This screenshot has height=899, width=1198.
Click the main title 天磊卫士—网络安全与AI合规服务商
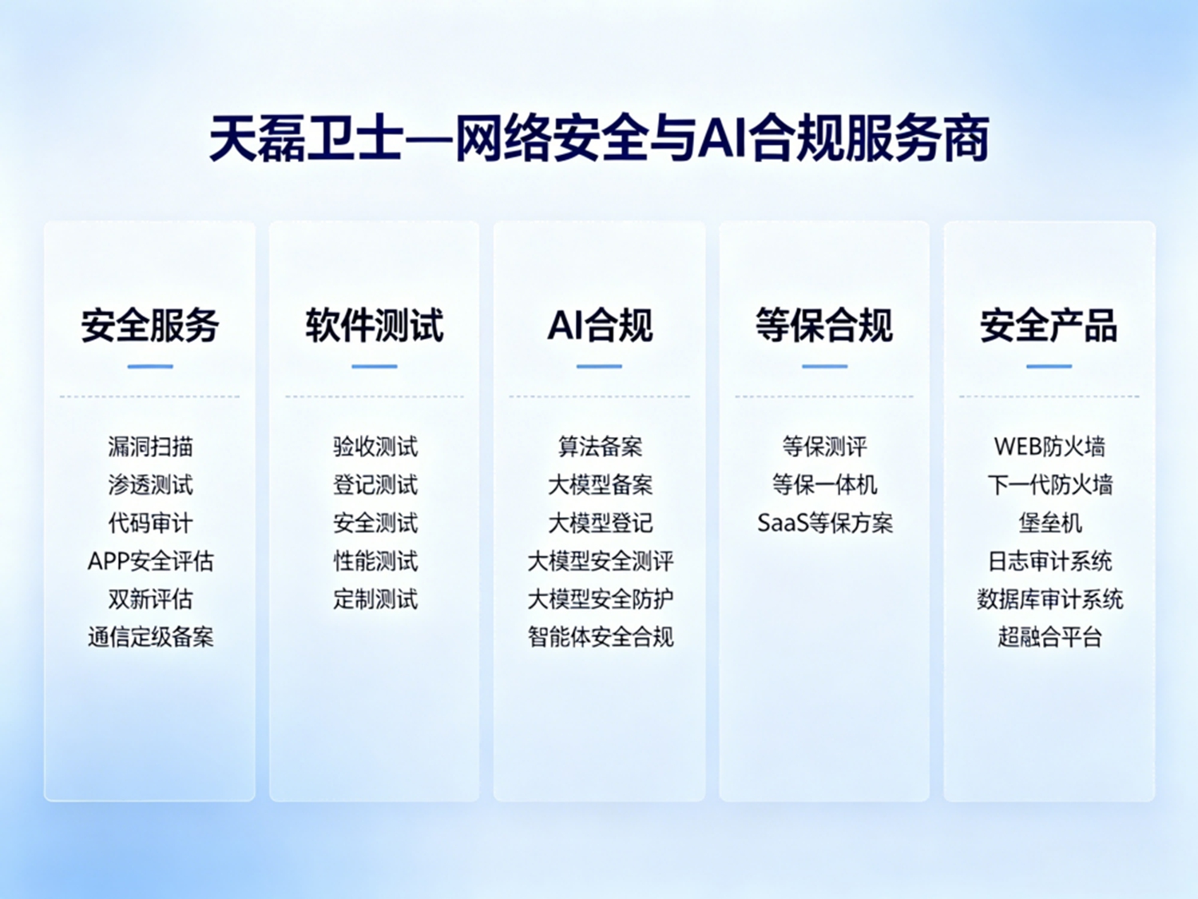tap(599, 138)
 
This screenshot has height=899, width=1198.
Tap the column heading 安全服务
tap(150, 325)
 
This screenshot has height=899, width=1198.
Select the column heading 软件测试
tap(375, 325)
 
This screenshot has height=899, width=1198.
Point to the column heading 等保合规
tap(824, 325)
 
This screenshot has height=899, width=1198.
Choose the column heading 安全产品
tap(1049, 325)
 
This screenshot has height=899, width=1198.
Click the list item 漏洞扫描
tap(150, 447)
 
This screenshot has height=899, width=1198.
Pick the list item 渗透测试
tap(150, 485)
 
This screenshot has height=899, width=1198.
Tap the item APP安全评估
tap(150, 561)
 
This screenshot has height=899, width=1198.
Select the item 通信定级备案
tap(150, 637)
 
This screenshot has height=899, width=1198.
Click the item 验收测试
tap(375, 447)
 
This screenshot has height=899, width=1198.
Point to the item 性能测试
tap(375, 561)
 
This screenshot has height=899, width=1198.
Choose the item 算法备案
tap(600, 447)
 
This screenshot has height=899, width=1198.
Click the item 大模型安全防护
tap(600, 599)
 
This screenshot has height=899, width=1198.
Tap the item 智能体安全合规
tap(600, 637)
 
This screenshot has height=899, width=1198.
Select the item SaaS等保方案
tap(825, 523)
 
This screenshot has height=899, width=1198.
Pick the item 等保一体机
tap(825, 485)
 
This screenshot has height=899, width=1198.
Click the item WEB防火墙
tap(1049, 447)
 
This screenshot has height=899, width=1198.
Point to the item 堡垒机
tap(1049, 523)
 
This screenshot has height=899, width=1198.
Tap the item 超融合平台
tap(1049, 637)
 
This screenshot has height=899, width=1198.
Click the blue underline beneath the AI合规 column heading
tap(599, 366)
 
